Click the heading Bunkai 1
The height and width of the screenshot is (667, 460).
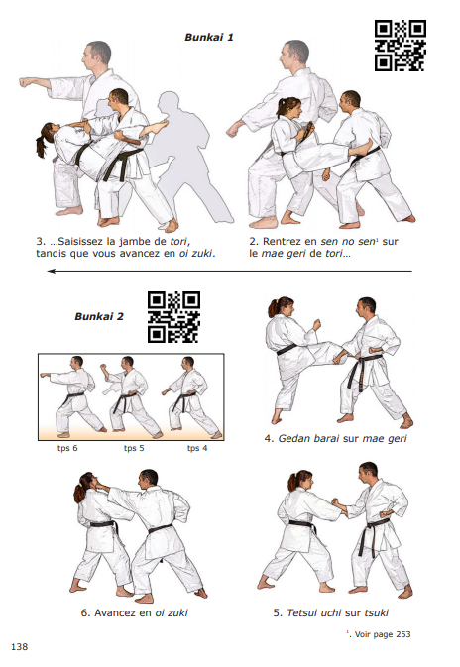tap(209, 37)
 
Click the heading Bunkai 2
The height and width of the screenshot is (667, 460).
tap(99, 316)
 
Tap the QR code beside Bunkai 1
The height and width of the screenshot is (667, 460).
tap(400, 45)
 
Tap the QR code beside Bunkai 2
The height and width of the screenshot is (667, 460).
tap(173, 317)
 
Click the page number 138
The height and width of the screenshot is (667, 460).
tap(19, 646)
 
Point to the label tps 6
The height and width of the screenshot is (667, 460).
tap(67, 448)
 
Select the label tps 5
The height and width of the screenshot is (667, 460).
tap(134, 448)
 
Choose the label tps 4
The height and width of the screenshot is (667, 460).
tap(197, 448)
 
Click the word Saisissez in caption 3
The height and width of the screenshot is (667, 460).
tap(80, 241)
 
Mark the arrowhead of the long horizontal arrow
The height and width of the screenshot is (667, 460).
tap(52, 271)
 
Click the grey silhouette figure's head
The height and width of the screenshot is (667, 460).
tap(169, 102)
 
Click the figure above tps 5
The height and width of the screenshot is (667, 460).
tap(130, 396)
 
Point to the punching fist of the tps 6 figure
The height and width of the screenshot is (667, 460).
tap(44, 376)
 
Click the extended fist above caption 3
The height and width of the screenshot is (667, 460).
tap(26, 82)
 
